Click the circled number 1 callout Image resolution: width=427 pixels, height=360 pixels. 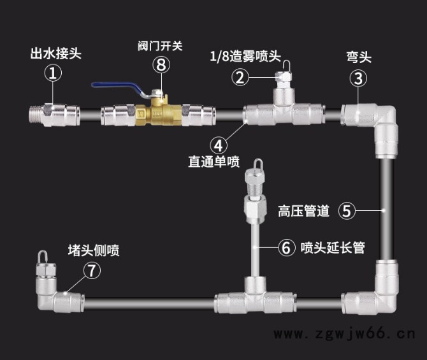[x=53, y=75]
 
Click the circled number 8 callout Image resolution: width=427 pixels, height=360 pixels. [x=162, y=64]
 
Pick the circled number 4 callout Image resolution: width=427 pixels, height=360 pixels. [x=218, y=143]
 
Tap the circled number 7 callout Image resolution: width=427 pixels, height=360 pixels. [x=92, y=270]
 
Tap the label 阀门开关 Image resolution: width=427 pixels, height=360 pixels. [x=160, y=46]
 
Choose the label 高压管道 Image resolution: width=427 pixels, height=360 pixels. [x=304, y=211]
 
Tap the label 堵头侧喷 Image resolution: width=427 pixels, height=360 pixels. [x=94, y=250]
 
